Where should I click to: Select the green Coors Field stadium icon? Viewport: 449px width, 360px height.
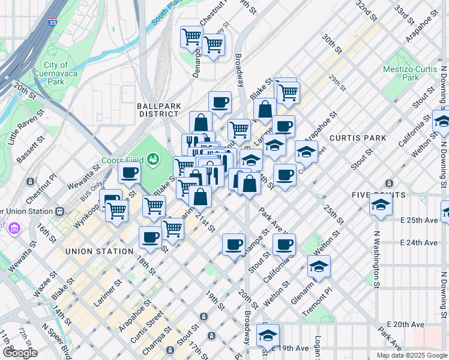(154, 158)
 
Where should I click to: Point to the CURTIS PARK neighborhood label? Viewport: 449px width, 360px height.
(358, 138)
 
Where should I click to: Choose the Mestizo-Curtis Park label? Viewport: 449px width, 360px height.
(411, 73)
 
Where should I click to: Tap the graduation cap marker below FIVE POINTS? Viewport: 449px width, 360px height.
(381, 205)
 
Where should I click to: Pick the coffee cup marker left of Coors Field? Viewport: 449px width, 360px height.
(130, 174)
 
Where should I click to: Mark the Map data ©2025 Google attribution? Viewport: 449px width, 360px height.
(411, 355)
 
